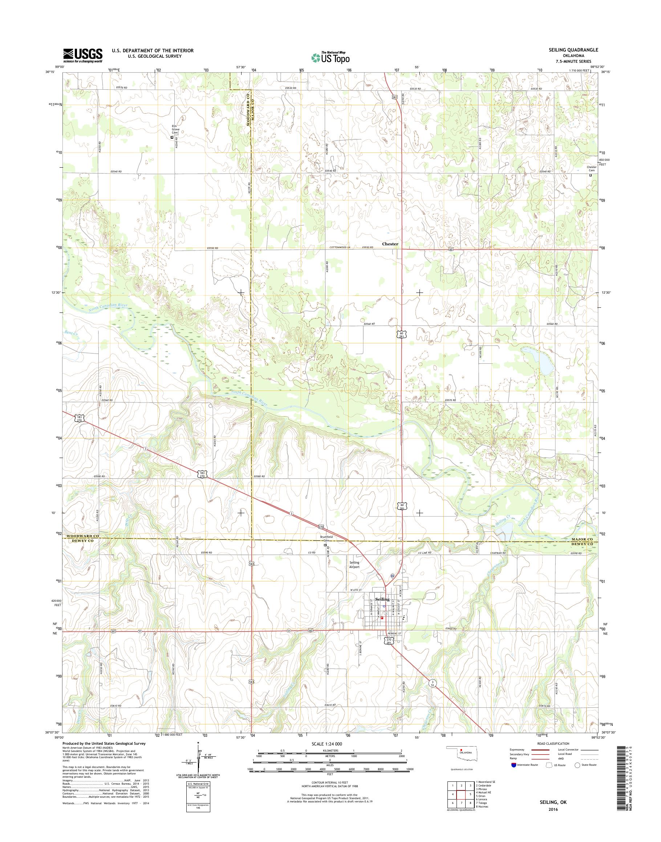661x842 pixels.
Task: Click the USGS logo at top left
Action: coord(83,55)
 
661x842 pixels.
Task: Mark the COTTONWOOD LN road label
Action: coord(340,248)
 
